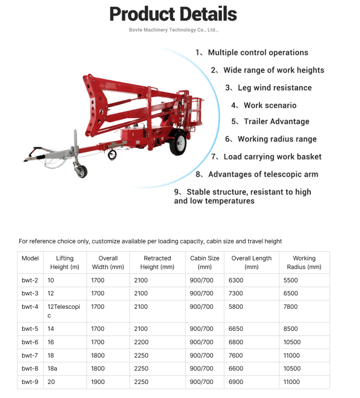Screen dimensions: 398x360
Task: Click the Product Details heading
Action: pyautogui.click(x=173, y=14)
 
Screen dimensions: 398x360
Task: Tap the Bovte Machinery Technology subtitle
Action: pyautogui.click(x=173, y=30)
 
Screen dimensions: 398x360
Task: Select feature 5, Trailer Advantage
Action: pyautogui.click(x=270, y=122)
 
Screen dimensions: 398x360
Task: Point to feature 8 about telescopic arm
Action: pyautogui.click(x=257, y=174)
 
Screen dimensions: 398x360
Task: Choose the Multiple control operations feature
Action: pyautogui.click(x=252, y=53)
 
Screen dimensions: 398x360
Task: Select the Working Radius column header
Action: pyautogui.click(x=304, y=262)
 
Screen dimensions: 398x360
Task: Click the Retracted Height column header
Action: pyautogui.click(x=157, y=262)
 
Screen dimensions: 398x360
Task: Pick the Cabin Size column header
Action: pyautogui.click(x=204, y=262)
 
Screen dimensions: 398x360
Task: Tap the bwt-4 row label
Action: pyautogui.click(x=30, y=306)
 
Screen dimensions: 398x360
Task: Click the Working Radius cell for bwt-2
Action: pyautogui.click(x=291, y=280)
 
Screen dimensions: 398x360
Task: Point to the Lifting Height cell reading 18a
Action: pyautogui.click(x=52, y=368)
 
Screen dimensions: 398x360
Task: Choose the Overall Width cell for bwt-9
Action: pyautogui.click(x=98, y=382)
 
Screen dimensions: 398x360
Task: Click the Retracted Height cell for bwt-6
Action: pyautogui.click(x=141, y=342)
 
